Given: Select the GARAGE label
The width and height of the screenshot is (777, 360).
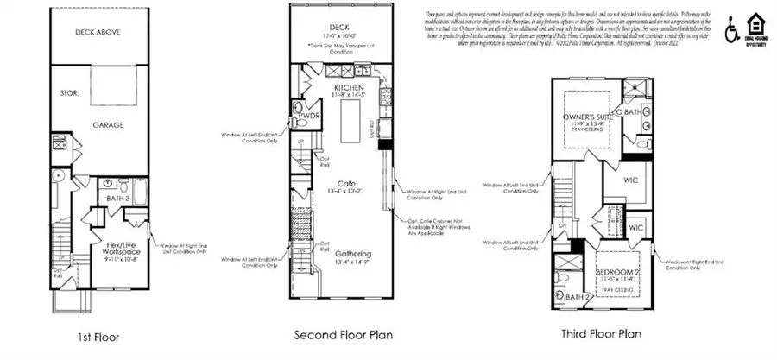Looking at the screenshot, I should pyautogui.click(x=109, y=125).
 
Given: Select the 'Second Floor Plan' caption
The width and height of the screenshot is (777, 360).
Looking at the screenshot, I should pyautogui.click(x=338, y=335).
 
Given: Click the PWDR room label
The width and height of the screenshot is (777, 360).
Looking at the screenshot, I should pyautogui.click(x=310, y=115).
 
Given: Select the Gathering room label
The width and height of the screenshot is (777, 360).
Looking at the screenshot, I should pyautogui.click(x=348, y=254).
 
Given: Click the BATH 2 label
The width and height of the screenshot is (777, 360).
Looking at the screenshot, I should pyautogui.click(x=576, y=297).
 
